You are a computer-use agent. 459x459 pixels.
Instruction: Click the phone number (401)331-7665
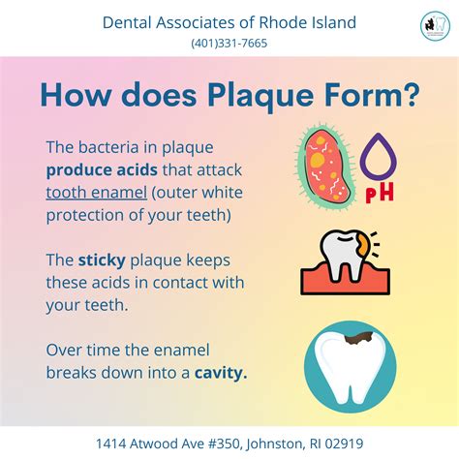point(229,43)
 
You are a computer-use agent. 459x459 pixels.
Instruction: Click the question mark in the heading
point(410,96)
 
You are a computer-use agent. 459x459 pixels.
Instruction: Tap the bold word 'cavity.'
point(220,370)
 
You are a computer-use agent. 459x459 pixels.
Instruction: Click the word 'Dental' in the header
point(129,22)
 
